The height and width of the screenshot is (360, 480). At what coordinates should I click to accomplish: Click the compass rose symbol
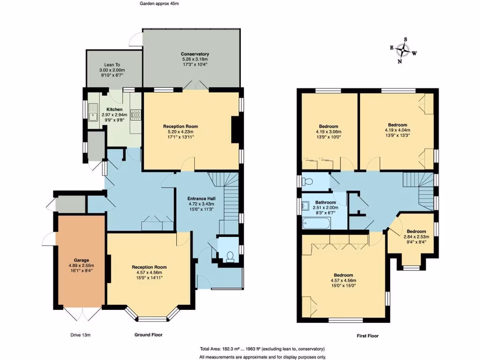click(x=403, y=50)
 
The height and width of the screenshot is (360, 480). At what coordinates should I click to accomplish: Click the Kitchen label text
click(x=114, y=109)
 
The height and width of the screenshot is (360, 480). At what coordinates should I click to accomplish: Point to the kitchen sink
click(x=94, y=114)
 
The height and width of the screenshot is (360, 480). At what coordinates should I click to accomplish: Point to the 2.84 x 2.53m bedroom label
click(x=416, y=237)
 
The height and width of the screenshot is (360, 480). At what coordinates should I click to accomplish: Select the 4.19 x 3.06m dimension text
click(x=329, y=132)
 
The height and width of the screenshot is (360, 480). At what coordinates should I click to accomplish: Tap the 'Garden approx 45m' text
click(x=159, y=3)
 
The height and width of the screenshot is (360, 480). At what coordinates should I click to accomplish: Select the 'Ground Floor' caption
click(x=149, y=335)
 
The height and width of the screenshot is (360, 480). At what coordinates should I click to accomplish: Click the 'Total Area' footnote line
click(x=262, y=349)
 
